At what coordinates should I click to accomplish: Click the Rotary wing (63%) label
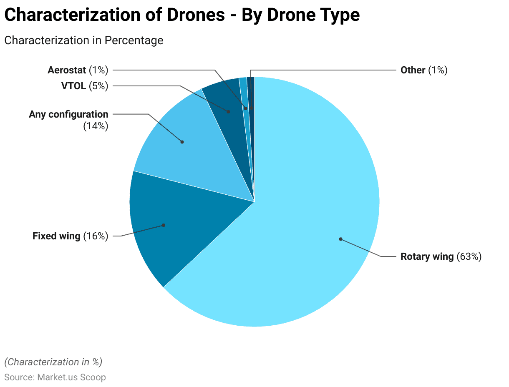(x=441, y=256)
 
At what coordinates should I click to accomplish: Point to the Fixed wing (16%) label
(x=70, y=236)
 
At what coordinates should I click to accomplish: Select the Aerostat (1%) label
(x=78, y=70)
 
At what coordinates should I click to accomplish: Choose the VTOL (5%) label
(x=85, y=86)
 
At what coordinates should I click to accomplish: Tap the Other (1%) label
(x=424, y=70)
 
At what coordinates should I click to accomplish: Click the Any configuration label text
(x=68, y=114)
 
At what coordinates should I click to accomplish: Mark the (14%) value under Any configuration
(x=96, y=126)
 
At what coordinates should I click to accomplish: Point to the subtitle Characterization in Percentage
(x=83, y=40)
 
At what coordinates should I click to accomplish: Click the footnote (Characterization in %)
(x=53, y=362)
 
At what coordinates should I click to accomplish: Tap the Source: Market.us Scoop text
(x=55, y=377)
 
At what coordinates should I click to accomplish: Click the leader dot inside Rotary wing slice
(x=340, y=239)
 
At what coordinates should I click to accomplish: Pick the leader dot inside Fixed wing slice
(x=164, y=225)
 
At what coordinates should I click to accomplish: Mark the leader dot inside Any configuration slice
(x=182, y=142)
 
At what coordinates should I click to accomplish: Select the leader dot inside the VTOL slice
(x=228, y=112)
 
